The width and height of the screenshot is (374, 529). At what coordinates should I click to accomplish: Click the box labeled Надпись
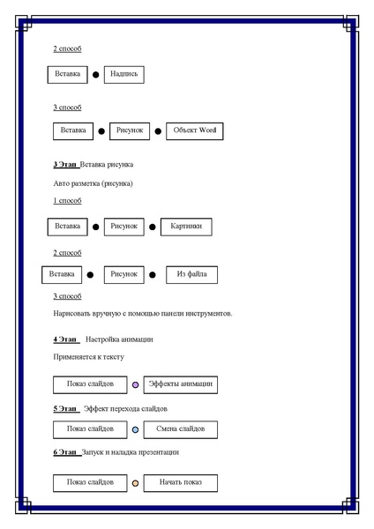(x=123, y=75)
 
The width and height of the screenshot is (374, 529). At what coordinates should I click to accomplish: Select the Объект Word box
(x=194, y=130)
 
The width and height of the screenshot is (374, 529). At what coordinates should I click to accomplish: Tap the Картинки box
(x=185, y=227)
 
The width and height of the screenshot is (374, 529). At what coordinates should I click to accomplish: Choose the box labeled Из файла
(x=191, y=274)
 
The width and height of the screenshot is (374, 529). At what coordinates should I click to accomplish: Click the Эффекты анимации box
(x=181, y=384)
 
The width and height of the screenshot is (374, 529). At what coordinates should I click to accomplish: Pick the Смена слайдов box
(x=180, y=429)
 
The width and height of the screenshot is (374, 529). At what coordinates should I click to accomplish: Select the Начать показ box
(x=180, y=482)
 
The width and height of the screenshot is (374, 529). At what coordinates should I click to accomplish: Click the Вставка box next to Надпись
(x=67, y=75)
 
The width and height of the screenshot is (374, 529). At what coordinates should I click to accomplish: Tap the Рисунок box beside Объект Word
(x=131, y=130)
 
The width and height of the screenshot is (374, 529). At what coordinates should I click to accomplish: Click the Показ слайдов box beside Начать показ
(x=90, y=482)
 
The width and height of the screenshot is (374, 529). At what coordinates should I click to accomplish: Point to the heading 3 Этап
(x=65, y=165)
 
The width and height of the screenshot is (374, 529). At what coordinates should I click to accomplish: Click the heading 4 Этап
(x=65, y=339)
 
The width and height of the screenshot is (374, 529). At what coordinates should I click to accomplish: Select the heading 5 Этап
(x=65, y=409)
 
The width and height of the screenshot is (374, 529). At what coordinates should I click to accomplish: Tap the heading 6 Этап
(x=65, y=452)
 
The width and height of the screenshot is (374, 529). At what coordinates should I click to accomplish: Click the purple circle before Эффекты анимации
(x=135, y=385)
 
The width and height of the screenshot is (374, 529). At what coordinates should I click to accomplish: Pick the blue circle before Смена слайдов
(x=135, y=430)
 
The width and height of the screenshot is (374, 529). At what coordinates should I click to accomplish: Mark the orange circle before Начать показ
(x=135, y=483)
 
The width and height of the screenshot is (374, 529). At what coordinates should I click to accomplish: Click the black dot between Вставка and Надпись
(x=96, y=76)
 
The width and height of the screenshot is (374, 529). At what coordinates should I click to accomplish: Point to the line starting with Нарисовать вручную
(x=141, y=314)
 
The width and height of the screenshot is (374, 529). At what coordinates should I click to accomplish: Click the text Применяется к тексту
(x=88, y=357)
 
